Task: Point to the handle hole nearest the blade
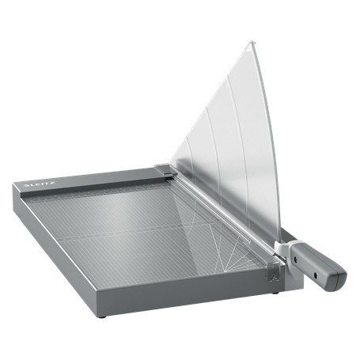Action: pos(303,256)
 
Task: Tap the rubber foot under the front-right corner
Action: pos(276,292)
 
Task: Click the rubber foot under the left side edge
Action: pos(101,316)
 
